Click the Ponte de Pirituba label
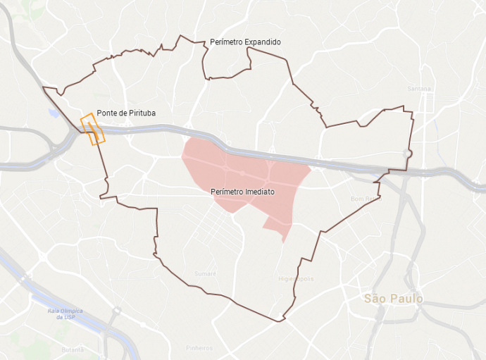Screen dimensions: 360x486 click(x=126, y=113)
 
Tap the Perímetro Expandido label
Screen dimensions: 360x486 click(x=245, y=42)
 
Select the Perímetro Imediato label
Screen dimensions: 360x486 click(x=242, y=192)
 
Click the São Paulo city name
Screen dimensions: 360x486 click(x=394, y=299)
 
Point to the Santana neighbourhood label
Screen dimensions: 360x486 click(x=419, y=89)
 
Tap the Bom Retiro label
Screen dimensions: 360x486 click(x=365, y=199)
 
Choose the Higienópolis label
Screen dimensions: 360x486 click(x=296, y=279)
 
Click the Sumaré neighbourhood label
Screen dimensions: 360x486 click(x=205, y=273)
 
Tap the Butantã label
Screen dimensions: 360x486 click(x=73, y=349)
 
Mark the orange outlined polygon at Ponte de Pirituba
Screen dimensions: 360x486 click(x=92, y=129)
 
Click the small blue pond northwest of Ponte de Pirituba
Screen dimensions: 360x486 click(x=54, y=113)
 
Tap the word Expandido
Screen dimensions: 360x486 click(x=262, y=42)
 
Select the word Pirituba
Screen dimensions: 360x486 click(x=140, y=113)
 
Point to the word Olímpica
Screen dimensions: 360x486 click(x=70, y=311)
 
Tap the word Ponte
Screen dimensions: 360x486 click(x=106, y=113)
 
